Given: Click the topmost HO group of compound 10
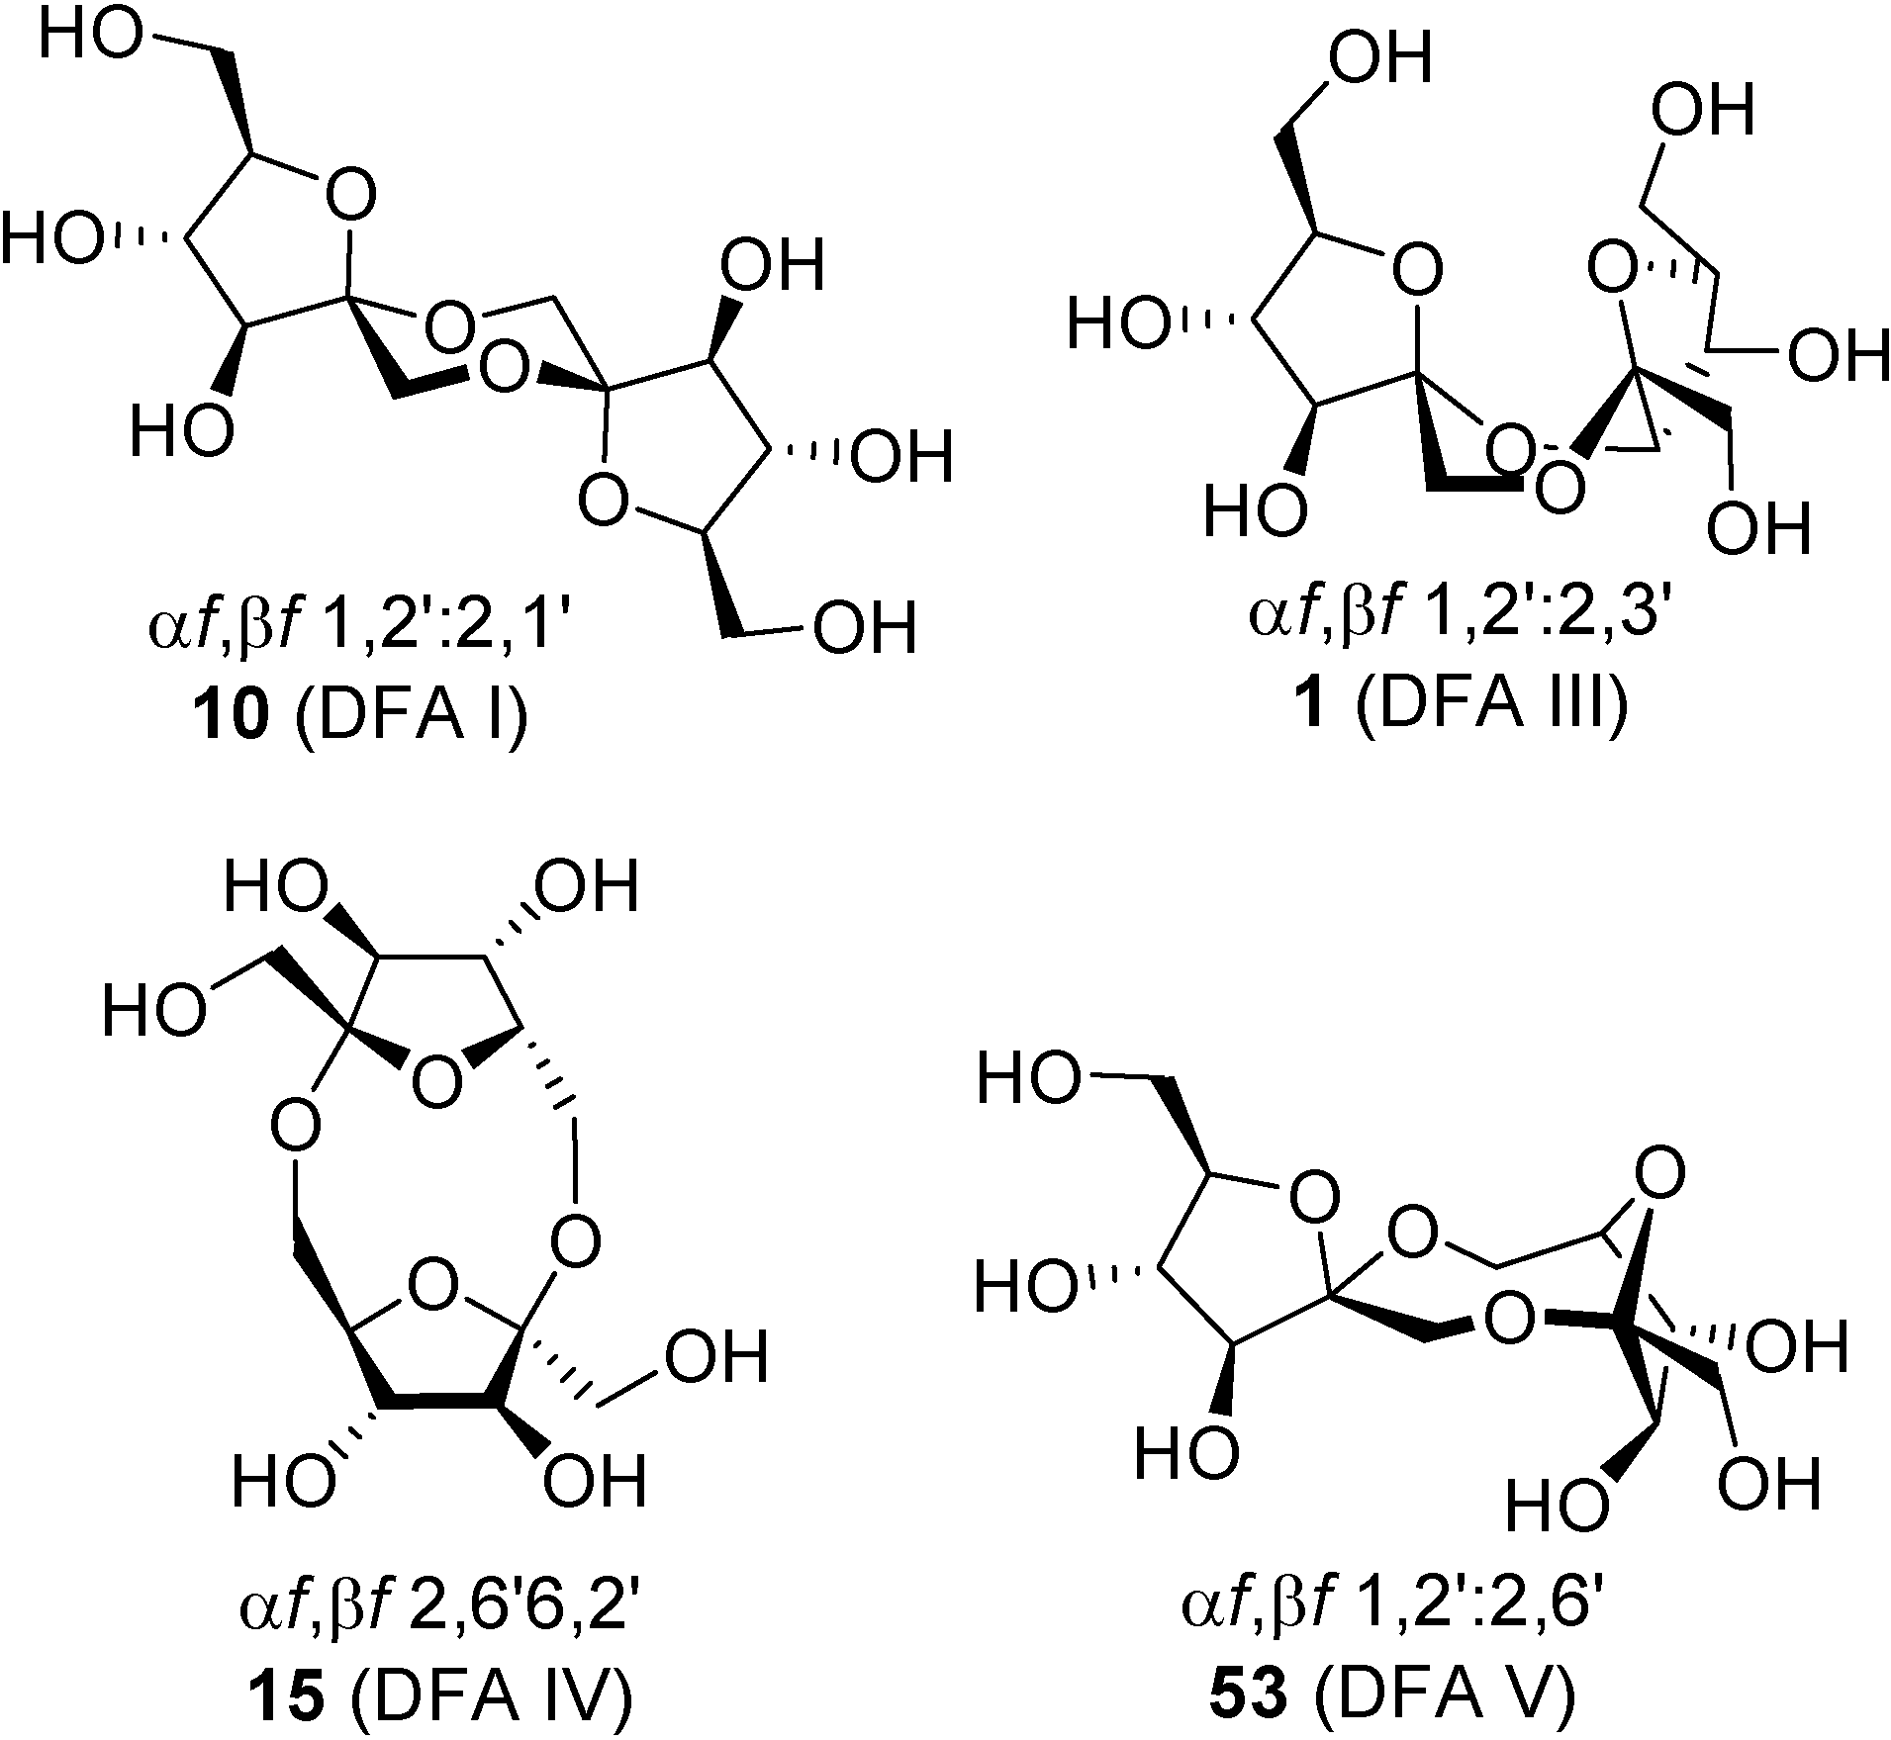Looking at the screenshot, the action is tap(91, 42).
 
